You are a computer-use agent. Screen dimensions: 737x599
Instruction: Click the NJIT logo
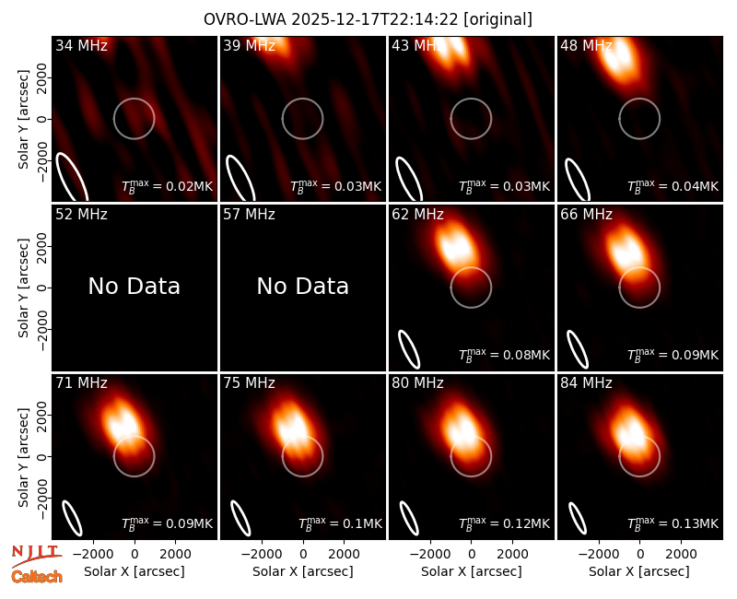[36, 556]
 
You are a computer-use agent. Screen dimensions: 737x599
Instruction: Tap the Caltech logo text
[37, 577]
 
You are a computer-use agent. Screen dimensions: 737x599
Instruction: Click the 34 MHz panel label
[81, 45]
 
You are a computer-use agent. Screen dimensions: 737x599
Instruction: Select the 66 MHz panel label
[586, 215]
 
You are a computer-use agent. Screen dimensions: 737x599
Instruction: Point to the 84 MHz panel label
[586, 383]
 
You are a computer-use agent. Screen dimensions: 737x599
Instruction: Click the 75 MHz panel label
[249, 383]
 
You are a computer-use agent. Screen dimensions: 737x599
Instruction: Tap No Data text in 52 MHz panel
[135, 286]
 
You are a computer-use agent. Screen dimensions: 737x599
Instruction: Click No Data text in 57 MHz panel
[303, 286]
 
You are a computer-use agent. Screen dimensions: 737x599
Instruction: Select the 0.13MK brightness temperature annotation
[673, 523]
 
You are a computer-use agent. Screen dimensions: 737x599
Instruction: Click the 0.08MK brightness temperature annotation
[504, 354]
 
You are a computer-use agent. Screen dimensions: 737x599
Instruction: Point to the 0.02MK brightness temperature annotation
[168, 186]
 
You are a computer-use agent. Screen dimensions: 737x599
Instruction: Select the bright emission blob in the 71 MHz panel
[123, 423]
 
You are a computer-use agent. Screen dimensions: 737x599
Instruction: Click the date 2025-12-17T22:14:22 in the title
[375, 19]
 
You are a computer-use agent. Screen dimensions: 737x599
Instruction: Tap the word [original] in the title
[498, 19]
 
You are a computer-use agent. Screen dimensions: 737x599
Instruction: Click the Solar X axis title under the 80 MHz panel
[472, 571]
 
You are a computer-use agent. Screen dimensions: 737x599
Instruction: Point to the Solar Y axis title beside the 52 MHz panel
[24, 288]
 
